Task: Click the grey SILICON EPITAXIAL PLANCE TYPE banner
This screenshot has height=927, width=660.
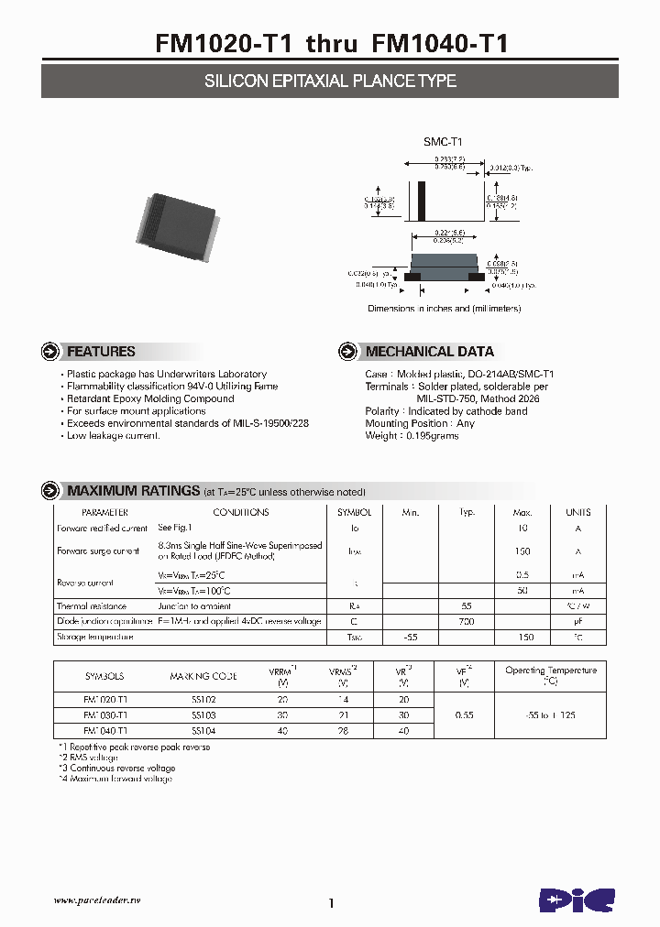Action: pos(330,81)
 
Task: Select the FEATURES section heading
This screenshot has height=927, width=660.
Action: pos(101,352)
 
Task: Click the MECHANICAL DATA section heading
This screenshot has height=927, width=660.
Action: pos(429,352)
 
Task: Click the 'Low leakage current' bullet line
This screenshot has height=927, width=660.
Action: pos(114,436)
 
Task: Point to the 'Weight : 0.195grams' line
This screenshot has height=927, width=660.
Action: pos(412,436)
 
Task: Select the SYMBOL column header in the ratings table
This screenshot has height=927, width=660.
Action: pos(354,513)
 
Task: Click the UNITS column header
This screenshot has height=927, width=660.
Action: pos(577,513)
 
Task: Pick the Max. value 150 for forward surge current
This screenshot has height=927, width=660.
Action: pos(522,551)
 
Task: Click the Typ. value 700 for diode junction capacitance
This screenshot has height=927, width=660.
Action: pos(467,622)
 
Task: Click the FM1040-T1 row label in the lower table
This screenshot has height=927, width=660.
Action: pos(105,730)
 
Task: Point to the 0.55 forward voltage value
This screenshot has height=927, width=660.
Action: pos(464,714)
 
